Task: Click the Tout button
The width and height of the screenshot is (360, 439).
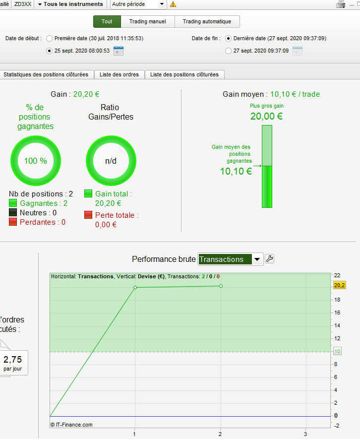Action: (x=107, y=21)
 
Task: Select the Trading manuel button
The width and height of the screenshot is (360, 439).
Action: (x=148, y=21)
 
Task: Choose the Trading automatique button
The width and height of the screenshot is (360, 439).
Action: (x=207, y=21)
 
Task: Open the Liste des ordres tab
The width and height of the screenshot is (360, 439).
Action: (x=119, y=74)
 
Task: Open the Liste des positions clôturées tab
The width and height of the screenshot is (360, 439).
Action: (x=184, y=74)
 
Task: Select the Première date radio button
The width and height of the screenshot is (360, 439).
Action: (x=49, y=38)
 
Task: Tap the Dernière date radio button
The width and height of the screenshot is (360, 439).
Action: (x=228, y=38)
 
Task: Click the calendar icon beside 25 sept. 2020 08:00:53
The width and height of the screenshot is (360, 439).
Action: (x=119, y=51)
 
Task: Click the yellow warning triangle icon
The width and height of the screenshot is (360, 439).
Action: (x=173, y=4)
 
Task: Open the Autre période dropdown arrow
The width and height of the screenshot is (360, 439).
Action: (x=162, y=4)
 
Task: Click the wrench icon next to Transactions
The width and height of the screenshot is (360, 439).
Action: (x=269, y=259)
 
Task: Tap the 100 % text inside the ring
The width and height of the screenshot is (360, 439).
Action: (x=36, y=161)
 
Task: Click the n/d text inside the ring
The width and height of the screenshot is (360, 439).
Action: (x=111, y=161)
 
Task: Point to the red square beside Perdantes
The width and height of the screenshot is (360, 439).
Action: (x=13, y=222)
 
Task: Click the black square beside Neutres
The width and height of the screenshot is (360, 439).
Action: (x=13, y=212)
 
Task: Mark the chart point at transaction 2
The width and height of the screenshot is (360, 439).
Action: (x=221, y=286)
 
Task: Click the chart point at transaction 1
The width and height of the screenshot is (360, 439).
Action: (x=135, y=288)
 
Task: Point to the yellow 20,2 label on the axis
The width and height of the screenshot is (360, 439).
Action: (x=339, y=285)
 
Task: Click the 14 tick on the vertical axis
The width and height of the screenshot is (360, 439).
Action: (x=337, y=325)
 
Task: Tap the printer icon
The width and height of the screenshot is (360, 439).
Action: (x=341, y=4)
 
